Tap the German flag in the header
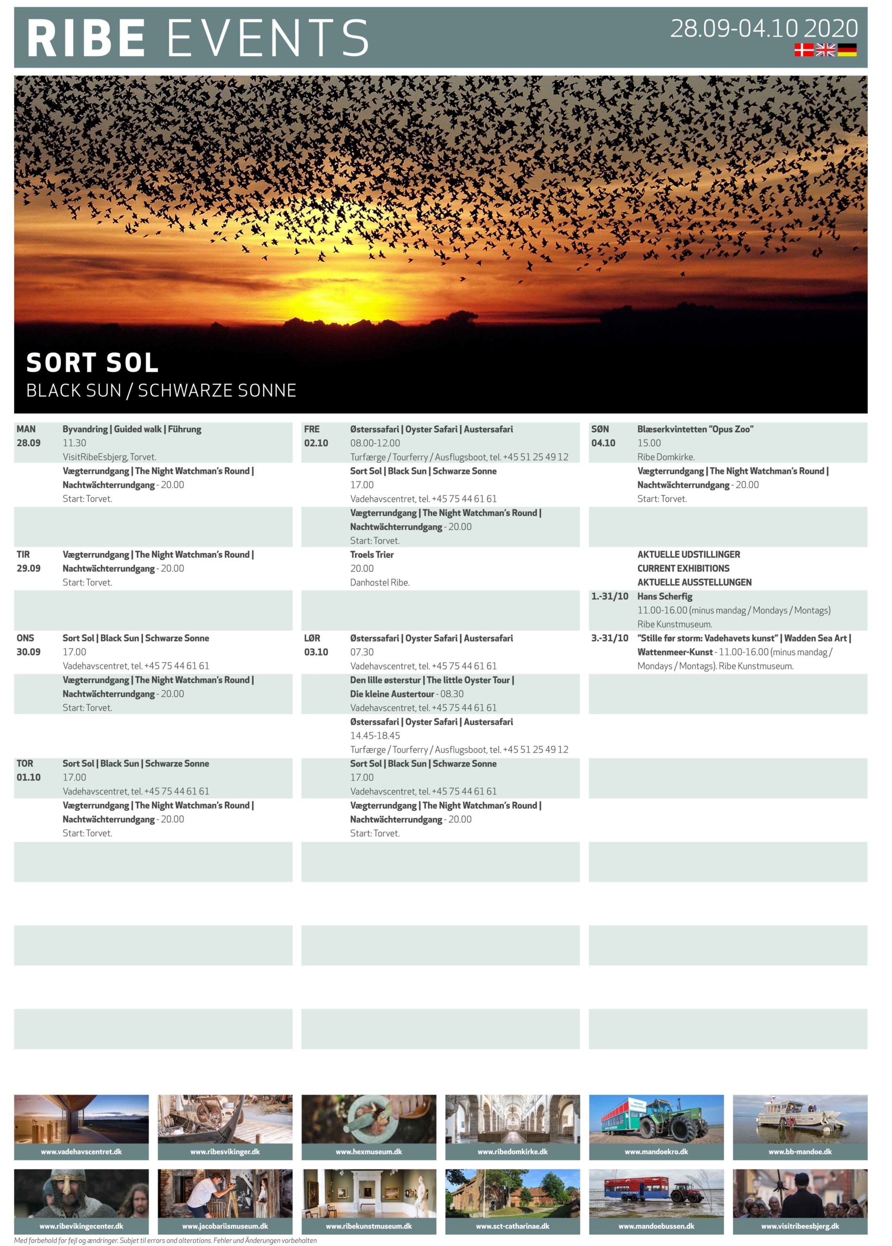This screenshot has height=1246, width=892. [x=846, y=50]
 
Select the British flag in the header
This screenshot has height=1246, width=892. [x=825, y=50]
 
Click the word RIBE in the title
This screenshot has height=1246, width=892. [x=86, y=38]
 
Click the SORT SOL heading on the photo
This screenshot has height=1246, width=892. [x=92, y=363]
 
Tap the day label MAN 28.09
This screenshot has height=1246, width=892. [x=28, y=436]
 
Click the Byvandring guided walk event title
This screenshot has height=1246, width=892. [x=132, y=429]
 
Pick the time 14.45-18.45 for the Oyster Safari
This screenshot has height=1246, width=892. [x=375, y=735]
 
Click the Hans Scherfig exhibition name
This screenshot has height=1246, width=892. [x=665, y=596]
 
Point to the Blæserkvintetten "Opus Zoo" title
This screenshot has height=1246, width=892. [x=695, y=429]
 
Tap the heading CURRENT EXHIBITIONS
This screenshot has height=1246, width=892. [x=683, y=568]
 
